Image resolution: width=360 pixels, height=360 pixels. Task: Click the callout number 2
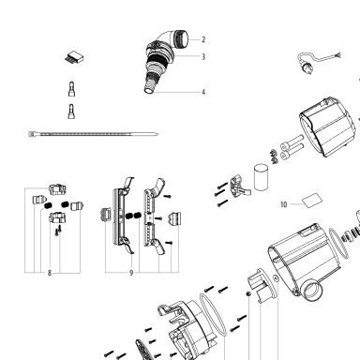point(203,39)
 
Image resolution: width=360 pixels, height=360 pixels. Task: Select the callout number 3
point(203,56)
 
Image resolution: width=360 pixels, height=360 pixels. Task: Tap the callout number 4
point(203,92)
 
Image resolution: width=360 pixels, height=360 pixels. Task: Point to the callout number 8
point(50,273)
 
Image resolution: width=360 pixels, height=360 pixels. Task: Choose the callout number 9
point(131,273)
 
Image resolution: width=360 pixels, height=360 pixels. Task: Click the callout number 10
point(283,204)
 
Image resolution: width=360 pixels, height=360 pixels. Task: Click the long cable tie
point(93,134)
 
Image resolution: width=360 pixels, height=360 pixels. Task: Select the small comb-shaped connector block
point(75,57)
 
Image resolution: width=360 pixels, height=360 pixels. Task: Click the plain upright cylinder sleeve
point(262,177)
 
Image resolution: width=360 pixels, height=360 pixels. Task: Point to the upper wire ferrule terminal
point(71,89)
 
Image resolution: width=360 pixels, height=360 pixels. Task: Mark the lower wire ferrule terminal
point(71,112)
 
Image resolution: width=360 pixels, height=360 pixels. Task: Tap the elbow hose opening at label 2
point(183,38)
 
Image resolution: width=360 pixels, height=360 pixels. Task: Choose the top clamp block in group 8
point(57,189)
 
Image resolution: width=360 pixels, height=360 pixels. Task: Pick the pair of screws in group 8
point(58,232)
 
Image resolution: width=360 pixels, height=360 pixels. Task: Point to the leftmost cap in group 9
point(104,215)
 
